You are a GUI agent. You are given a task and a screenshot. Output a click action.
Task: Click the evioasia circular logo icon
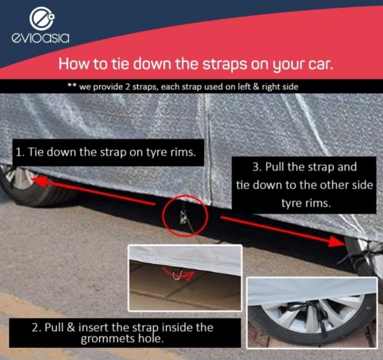42,18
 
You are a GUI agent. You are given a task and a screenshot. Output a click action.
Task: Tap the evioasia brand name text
40,38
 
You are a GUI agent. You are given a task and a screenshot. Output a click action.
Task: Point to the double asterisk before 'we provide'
73,86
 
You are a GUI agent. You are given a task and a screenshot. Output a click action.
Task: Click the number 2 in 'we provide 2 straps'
127,87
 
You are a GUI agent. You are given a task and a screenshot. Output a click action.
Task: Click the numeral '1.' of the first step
20,152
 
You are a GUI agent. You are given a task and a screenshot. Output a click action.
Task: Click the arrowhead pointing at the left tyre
39,182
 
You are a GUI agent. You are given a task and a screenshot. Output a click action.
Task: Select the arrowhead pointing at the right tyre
336,241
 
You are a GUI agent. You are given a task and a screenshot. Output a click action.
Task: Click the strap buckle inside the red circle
183,217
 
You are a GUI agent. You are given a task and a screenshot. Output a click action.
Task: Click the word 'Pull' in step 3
275,167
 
